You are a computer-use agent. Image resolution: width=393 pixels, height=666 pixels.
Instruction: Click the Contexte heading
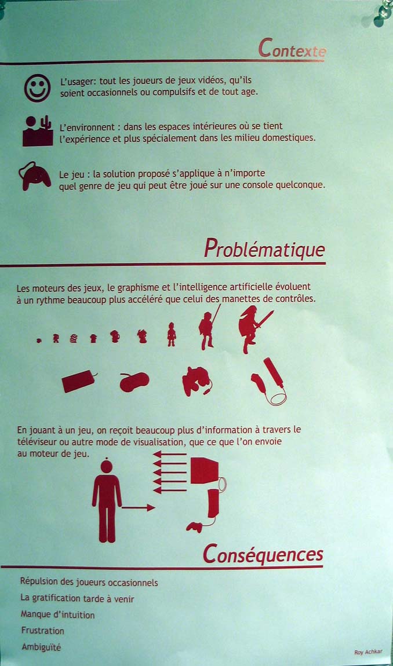tap(292, 48)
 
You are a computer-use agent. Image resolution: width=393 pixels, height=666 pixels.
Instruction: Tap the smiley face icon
tap(38, 88)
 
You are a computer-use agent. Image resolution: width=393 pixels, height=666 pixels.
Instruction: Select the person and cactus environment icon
tap(38, 131)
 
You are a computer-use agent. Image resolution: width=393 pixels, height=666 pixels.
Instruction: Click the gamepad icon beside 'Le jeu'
tap(35, 176)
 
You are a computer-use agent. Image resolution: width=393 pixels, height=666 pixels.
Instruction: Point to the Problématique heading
tap(264, 248)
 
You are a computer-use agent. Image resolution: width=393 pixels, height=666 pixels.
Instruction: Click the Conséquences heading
tap(263, 554)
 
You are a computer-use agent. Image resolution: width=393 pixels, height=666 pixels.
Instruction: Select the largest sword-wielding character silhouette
tap(254, 329)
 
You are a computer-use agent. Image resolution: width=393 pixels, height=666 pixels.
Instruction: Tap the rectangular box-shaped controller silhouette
tap(79, 381)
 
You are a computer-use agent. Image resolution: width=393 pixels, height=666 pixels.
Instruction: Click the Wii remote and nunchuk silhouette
tap(269, 382)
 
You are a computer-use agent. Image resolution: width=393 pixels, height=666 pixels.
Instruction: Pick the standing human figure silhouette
tap(107, 501)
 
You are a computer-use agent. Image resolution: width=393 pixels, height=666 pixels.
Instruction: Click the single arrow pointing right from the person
tap(138, 507)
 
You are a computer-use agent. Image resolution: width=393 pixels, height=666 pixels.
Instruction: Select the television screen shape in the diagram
tap(205, 470)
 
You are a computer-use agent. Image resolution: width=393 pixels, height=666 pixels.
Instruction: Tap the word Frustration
tap(42, 630)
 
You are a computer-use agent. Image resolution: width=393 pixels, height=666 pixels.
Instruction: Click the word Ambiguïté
tap(41, 647)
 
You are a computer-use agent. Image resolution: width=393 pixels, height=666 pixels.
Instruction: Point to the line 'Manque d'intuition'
tap(58, 614)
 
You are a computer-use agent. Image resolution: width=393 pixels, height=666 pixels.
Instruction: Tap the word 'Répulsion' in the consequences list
tap(38, 582)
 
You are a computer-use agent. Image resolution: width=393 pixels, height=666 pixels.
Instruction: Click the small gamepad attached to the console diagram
tap(194, 527)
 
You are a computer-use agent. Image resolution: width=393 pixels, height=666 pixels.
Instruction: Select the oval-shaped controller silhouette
tap(134, 382)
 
